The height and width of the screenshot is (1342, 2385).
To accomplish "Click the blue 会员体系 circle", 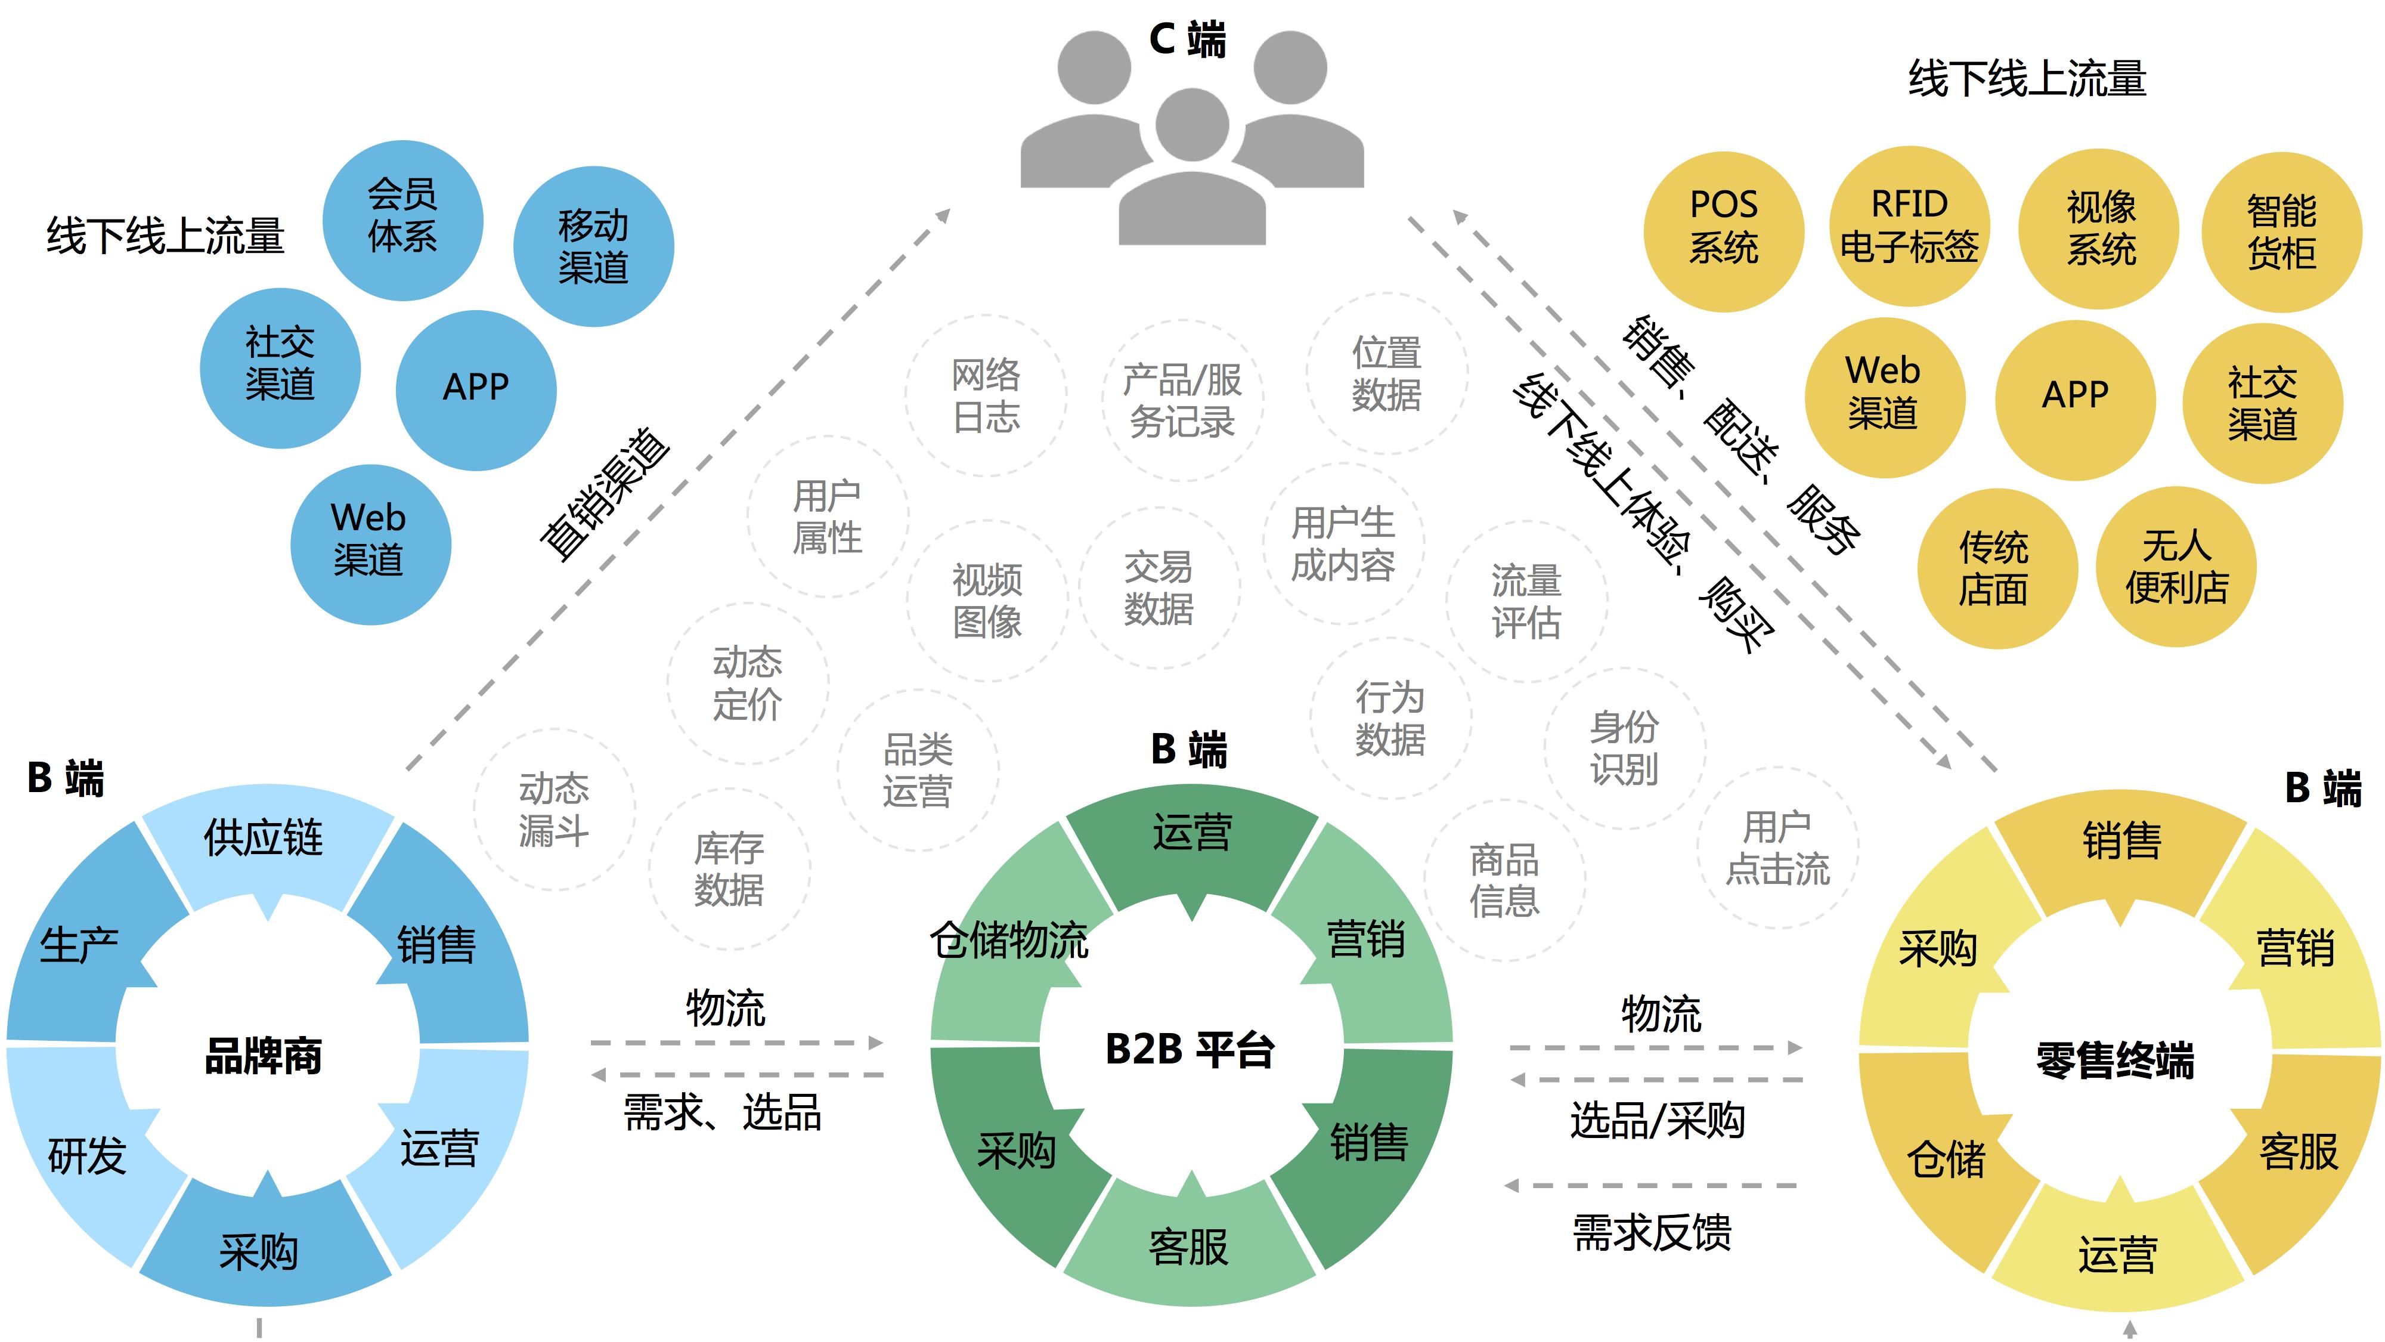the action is pos(402,221).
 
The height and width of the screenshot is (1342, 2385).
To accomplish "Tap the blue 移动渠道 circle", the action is pos(593,246).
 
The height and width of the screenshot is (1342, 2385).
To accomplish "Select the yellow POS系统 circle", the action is pos(1724,231).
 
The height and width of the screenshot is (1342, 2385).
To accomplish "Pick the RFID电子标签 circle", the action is pos(1909,226).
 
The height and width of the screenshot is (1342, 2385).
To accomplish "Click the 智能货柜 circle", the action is pos(2282,233).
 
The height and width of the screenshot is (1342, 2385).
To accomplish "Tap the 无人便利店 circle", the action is pos(2177,567).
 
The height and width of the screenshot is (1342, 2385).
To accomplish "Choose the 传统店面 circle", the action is pos(1997,568).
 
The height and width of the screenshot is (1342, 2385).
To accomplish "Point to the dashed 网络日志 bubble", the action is pos(986,397).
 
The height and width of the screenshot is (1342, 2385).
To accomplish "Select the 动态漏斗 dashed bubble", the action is pos(555,809).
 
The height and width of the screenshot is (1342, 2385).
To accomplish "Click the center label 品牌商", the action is pos(264,1056).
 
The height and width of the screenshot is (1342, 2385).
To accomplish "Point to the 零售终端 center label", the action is pos(2115,1059).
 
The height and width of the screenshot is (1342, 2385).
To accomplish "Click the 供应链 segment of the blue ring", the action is pos(266,848).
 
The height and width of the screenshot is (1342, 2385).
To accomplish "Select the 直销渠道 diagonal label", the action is pos(606,494).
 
